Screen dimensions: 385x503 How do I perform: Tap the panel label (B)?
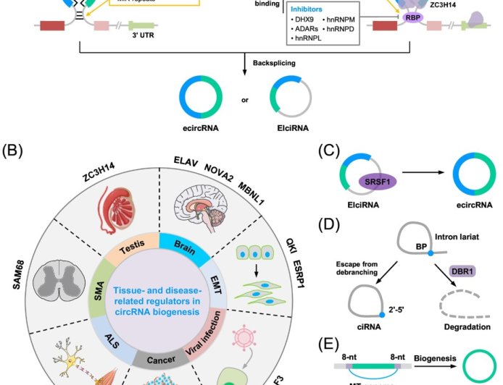click(x=14, y=151)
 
